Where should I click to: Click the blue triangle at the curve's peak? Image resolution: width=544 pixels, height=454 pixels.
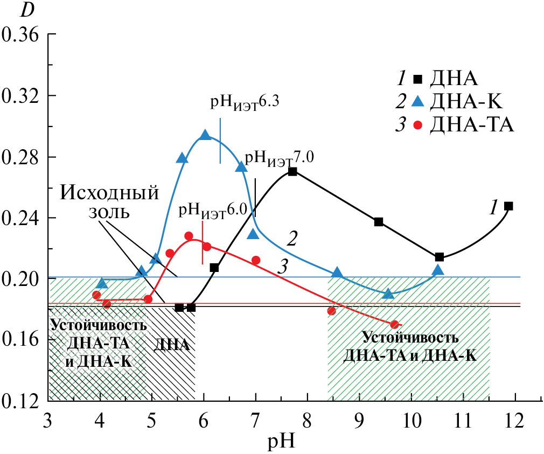tap(205, 135)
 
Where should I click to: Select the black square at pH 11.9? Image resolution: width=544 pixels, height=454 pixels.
tap(508, 206)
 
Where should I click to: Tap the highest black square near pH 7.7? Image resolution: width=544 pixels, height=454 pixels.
tap(292, 171)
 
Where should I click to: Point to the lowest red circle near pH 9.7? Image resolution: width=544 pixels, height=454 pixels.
tap(394, 324)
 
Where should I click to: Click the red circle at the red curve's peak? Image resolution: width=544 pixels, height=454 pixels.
tap(189, 236)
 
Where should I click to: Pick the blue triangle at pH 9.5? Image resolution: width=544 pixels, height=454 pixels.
tap(388, 294)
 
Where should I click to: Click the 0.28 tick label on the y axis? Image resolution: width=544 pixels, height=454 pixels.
tap(21, 157)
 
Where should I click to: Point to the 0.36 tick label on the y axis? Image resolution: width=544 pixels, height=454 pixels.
tap(21, 35)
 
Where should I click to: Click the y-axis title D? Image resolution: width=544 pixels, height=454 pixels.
tap(26, 9)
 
